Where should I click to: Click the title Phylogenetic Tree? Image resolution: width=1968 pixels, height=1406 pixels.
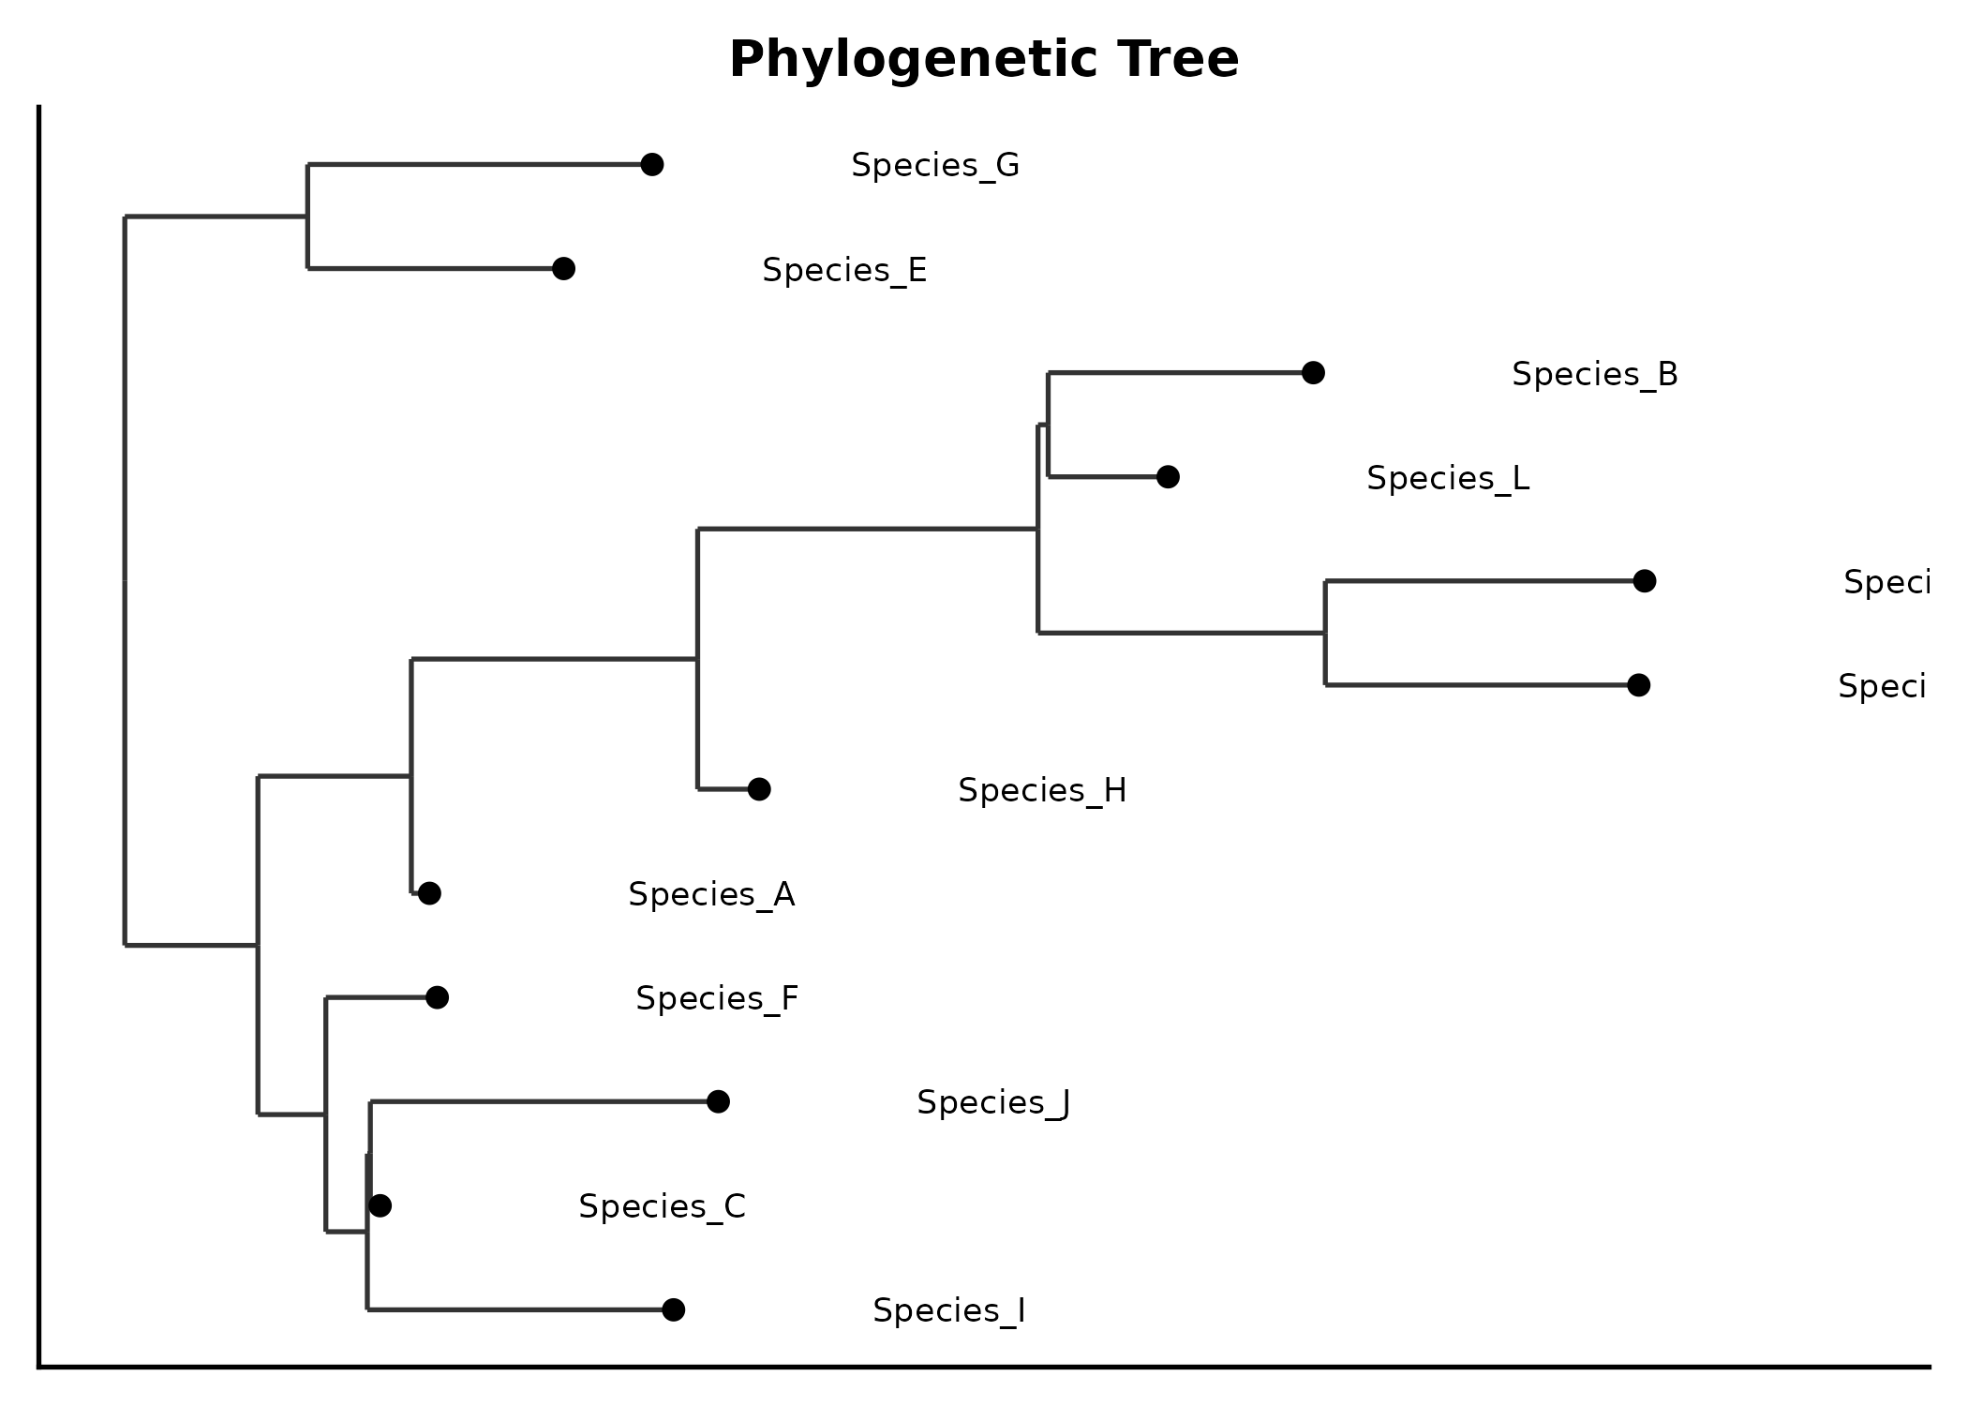[x=984, y=59]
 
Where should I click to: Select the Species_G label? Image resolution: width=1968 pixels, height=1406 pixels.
[x=934, y=166]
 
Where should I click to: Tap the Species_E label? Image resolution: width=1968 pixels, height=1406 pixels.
[x=844, y=270]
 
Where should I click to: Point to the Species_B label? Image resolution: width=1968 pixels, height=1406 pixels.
[x=1594, y=374]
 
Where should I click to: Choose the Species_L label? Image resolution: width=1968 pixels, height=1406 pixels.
[x=1447, y=478]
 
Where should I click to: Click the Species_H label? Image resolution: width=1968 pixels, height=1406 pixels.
[x=1041, y=790]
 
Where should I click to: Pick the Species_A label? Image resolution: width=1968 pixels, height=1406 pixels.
[x=711, y=894]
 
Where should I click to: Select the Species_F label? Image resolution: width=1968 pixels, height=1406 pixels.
[x=717, y=998]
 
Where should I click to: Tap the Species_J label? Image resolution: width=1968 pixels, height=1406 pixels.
[x=992, y=1102]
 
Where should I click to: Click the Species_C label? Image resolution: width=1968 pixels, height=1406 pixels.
[x=662, y=1206]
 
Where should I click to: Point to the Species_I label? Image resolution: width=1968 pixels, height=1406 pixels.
[x=948, y=1310]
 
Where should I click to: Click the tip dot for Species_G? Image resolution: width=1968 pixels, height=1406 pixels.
[x=652, y=165]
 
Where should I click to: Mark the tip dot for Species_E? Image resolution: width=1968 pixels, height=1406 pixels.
[x=563, y=269]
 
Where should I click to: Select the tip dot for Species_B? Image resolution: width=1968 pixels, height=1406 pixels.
[x=1313, y=373]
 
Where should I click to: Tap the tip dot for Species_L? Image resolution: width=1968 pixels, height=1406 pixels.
[x=1168, y=477]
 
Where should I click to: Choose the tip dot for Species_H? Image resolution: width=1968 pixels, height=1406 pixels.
[x=759, y=789]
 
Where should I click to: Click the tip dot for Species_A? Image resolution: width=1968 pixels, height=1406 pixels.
[x=429, y=893]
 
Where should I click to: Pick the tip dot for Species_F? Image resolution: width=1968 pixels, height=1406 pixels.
[x=437, y=997]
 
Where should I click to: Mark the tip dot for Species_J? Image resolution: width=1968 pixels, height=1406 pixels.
[x=718, y=1101]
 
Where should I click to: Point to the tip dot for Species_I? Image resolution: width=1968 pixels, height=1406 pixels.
[x=673, y=1309]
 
